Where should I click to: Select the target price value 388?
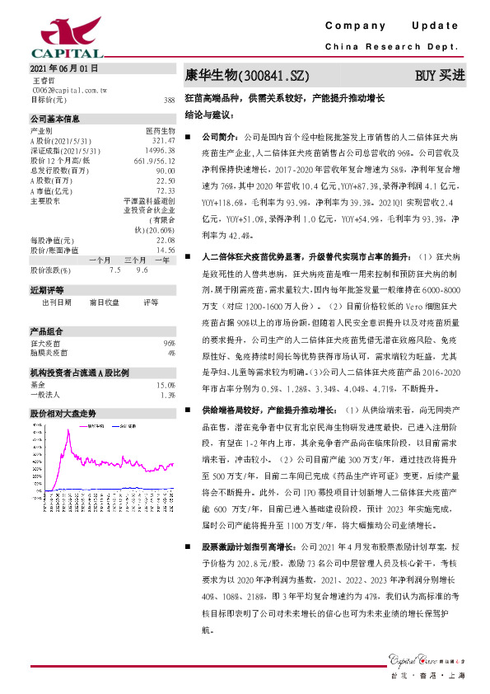169,100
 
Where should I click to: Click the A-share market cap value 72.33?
166,190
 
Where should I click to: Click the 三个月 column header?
136,260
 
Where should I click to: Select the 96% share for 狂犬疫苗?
170,342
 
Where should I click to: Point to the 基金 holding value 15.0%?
166,385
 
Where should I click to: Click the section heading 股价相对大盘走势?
63,412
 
